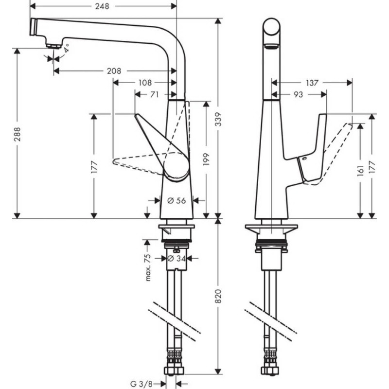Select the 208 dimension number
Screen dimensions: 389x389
113,71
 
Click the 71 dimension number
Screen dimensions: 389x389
154,95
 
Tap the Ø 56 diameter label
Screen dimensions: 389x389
177,200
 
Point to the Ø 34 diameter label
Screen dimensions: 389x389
177,258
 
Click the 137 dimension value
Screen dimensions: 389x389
312,83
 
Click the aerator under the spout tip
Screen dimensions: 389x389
54,46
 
